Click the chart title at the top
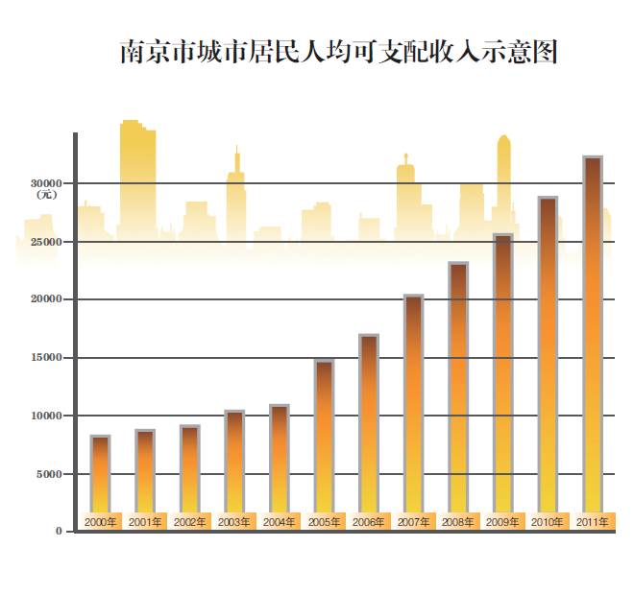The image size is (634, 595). click(x=339, y=52)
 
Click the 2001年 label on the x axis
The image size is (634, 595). click(x=145, y=522)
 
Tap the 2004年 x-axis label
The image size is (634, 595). click(x=280, y=522)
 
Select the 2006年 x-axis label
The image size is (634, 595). click(x=369, y=522)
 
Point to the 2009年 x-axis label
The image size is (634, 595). click(x=502, y=522)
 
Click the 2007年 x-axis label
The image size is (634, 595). click(x=413, y=522)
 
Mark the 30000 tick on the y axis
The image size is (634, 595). click(x=45, y=182)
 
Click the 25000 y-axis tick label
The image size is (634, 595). click(x=45, y=241)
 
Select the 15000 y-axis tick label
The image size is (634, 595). click(x=45, y=357)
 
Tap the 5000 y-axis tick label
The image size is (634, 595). click(x=49, y=473)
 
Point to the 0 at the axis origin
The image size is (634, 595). click(x=60, y=531)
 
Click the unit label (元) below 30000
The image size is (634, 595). click(x=47, y=195)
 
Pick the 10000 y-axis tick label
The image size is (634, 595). click(x=45, y=416)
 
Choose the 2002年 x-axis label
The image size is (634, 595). click(x=190, y=522)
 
